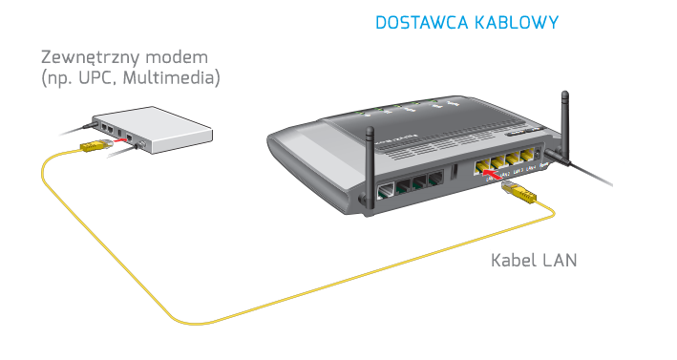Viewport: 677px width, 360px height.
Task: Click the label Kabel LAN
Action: (x=534, y=259)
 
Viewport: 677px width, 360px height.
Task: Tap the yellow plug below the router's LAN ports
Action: (x=521, y=194)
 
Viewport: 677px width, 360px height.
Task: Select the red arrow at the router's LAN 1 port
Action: (x=489, y=172)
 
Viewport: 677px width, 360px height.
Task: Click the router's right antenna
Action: (x=562, y=124)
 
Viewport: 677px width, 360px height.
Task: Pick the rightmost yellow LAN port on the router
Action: (x=526, y=159)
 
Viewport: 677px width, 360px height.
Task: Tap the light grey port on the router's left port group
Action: (x=388, y=190)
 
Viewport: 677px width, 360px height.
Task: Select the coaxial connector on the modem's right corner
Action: (x=144, y=146)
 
